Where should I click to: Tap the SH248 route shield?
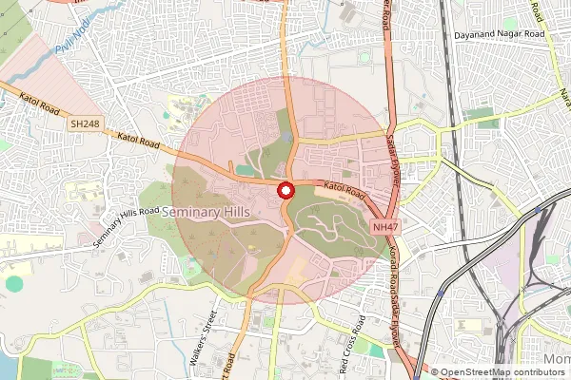pyautogui.click(x=83, y=123)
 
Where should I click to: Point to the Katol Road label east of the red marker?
pyautogui.click(x=343, y=190)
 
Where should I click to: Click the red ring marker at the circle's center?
pyautogui.click(x=284, y=191)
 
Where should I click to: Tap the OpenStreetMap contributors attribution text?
pyautogui.click(x=501, y=371)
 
